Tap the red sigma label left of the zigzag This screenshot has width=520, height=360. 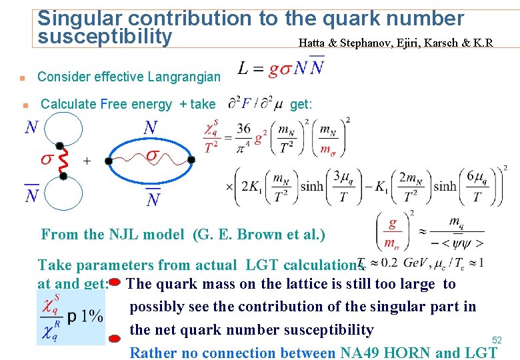[47, 159]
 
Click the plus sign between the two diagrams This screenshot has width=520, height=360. [87, 161]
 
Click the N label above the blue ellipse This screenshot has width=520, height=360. [151, 127]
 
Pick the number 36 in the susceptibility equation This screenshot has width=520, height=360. [244, 129]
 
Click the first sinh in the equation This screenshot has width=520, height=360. [311, 186]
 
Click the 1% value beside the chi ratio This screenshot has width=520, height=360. [85, 315]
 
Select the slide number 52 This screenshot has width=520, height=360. [497, 340]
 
